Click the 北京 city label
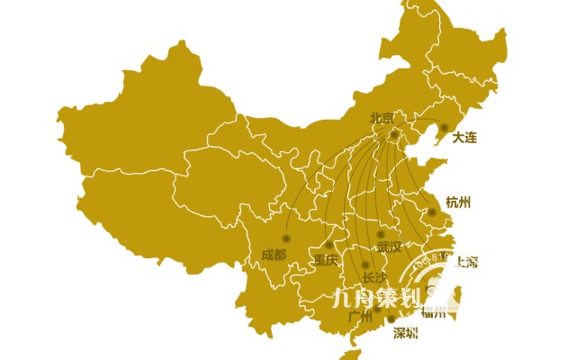point(382,118)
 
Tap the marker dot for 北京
point(394,135)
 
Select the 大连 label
point(464,138)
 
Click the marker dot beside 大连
point(444,127)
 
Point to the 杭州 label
point(458,202)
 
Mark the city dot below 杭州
point(432,212)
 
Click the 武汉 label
point(389,247)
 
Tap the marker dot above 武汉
point(381,234)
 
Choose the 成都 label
point(274,254)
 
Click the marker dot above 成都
point(287,238)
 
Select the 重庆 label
point(325,260)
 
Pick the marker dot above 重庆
point(329,245)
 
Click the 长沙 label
point(373,277)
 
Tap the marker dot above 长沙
point(364,264)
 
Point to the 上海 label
point(466,262)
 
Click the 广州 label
point(359,317)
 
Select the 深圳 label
point(406,334)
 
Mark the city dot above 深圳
point(391,319)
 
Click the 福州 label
point(434,312)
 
